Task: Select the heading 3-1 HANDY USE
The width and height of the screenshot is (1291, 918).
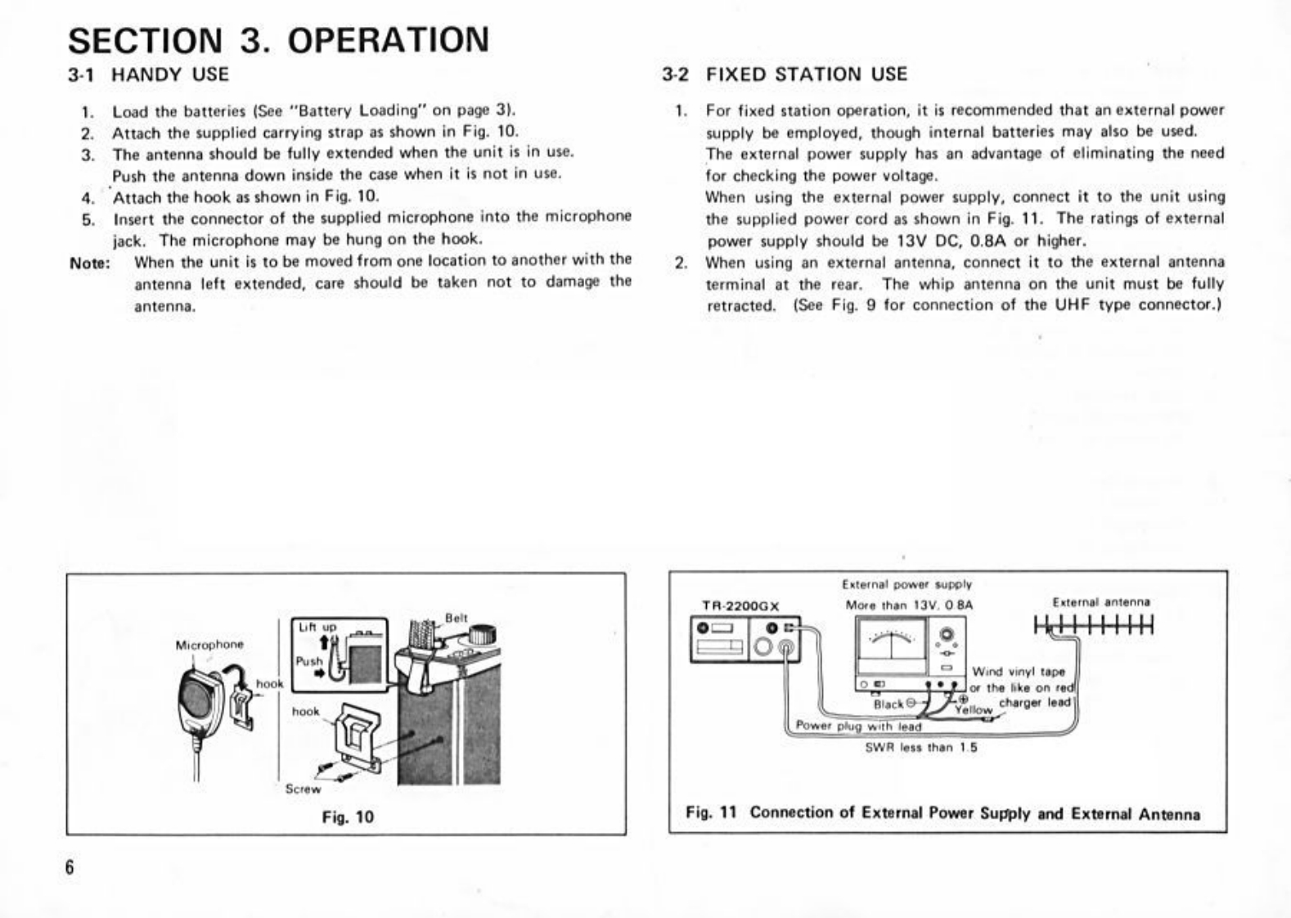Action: (x=148, y=74)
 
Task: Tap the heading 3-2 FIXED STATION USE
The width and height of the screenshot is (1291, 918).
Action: (x=785, y=74)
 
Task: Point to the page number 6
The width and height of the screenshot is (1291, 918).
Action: (x=70, y=867)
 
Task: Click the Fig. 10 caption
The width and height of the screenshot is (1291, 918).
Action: (x=348, y=817)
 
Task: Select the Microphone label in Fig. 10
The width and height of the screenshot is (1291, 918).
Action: (x=209, y=645)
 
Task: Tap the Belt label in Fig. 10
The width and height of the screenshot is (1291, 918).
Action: (x=457, y=618)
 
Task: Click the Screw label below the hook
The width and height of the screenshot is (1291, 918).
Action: (x=303, y=789)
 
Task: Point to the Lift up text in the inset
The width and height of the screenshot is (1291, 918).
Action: (x=317, y=628)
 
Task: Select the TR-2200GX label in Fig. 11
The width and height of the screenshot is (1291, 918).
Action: (x=741, y=606)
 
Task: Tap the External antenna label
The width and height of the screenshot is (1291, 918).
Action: (x=1101, y=602)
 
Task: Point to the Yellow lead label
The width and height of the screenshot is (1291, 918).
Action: (x=974, y=710)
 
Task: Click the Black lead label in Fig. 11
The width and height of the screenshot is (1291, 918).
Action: (x=888, y=704)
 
